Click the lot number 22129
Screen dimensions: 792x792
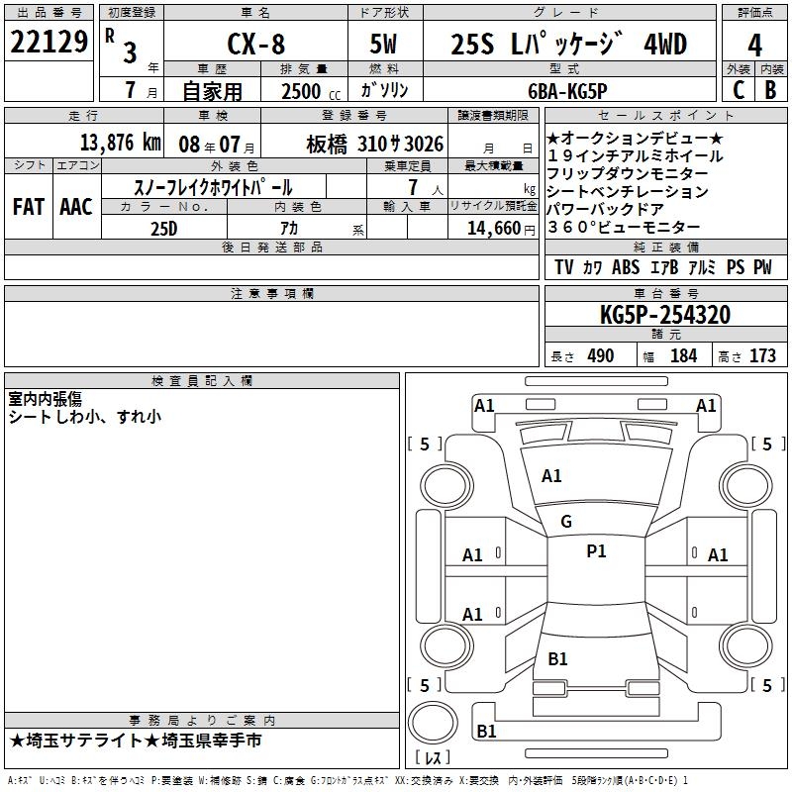tap(49, 42)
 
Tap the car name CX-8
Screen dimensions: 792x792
tap(256, 44)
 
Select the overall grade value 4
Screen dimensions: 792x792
tap(754, 45)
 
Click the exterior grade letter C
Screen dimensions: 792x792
tap(739, 90)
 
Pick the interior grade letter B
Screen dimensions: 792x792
tap(770, 90)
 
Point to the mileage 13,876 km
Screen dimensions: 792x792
tap(120, 143)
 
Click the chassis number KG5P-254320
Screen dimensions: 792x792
tap(665, 315)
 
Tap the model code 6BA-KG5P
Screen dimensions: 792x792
tap(567, 91)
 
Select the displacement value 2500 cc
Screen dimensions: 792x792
tap(311, 91)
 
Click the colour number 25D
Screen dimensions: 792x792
tap(164, 229)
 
